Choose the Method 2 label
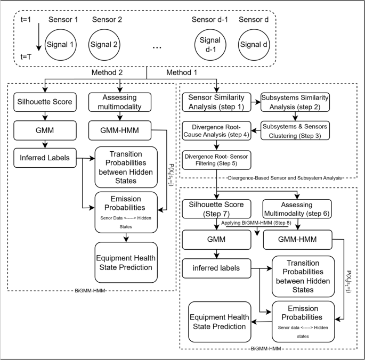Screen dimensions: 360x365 (124, 72)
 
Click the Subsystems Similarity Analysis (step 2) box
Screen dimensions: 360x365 (295, 101)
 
